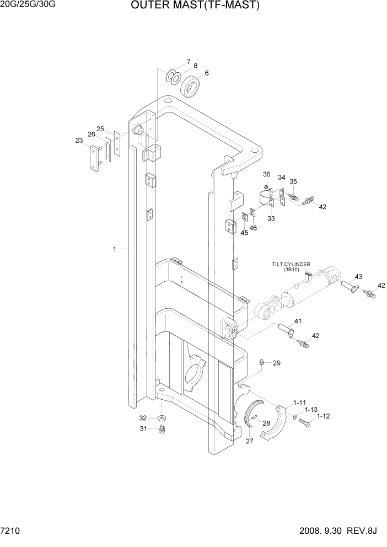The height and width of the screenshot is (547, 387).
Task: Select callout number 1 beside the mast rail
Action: point(115,249)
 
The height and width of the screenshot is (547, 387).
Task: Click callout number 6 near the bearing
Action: point(207,73)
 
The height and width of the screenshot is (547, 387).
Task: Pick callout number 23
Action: point(79,141)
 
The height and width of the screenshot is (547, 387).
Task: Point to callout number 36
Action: point(266,174)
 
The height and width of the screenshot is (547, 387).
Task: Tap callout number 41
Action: point(298,321)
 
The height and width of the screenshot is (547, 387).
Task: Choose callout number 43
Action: point(358,276)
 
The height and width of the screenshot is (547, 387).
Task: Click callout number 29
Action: point(277,363)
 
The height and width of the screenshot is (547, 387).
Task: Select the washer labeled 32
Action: point(160,418)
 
